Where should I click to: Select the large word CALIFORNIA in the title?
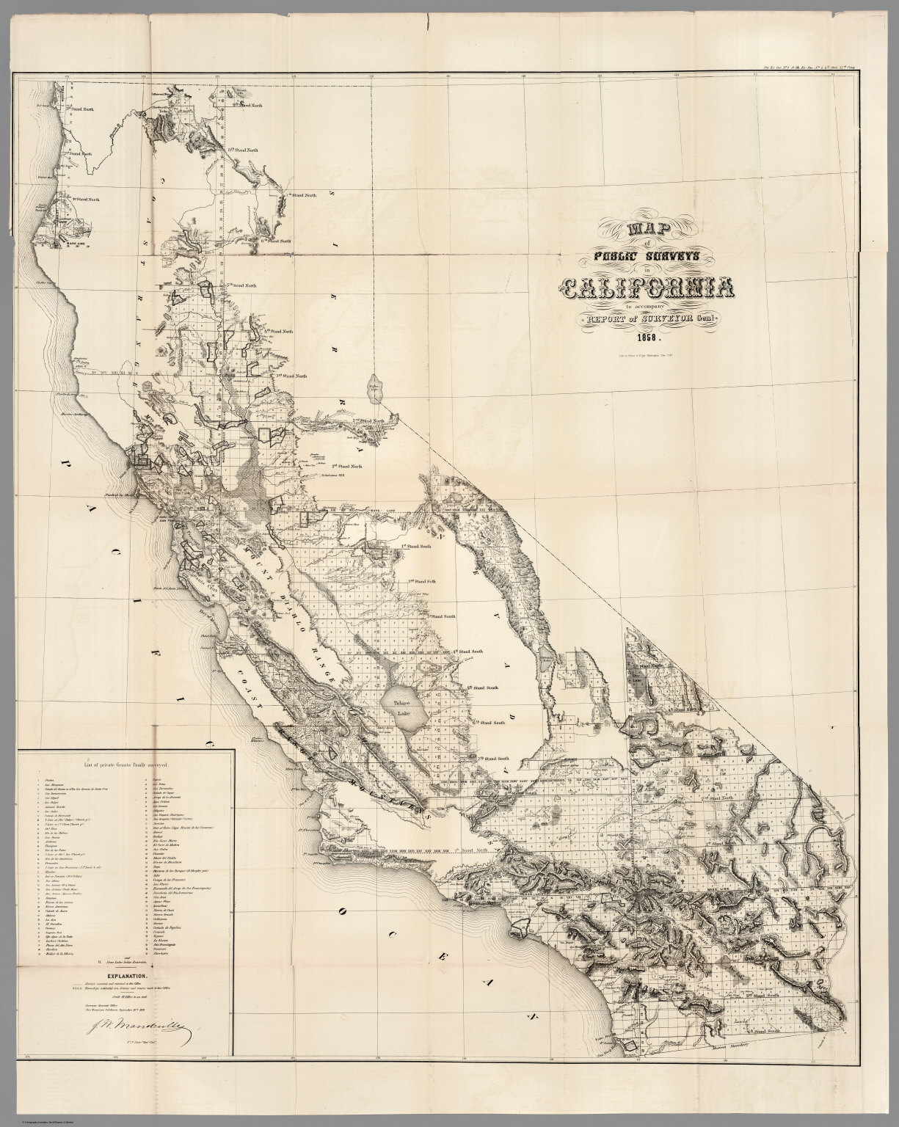coord(645,288)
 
